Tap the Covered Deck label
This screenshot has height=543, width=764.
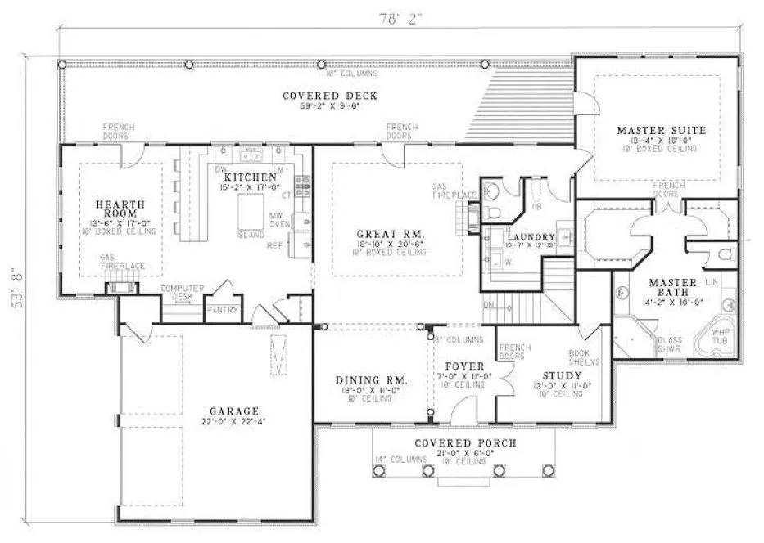pos(330,96)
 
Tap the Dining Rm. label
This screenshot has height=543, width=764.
pos(372,380)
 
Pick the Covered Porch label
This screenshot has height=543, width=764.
pos(464,442)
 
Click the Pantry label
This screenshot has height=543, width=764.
pos(221,310)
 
